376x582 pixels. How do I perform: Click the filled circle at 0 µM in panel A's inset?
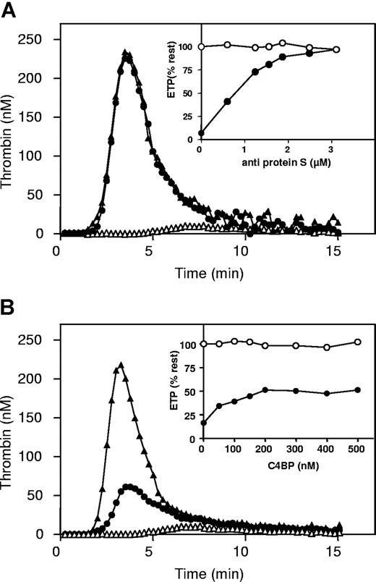pos(200,133)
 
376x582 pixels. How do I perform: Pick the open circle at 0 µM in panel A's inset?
pos(200,46)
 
